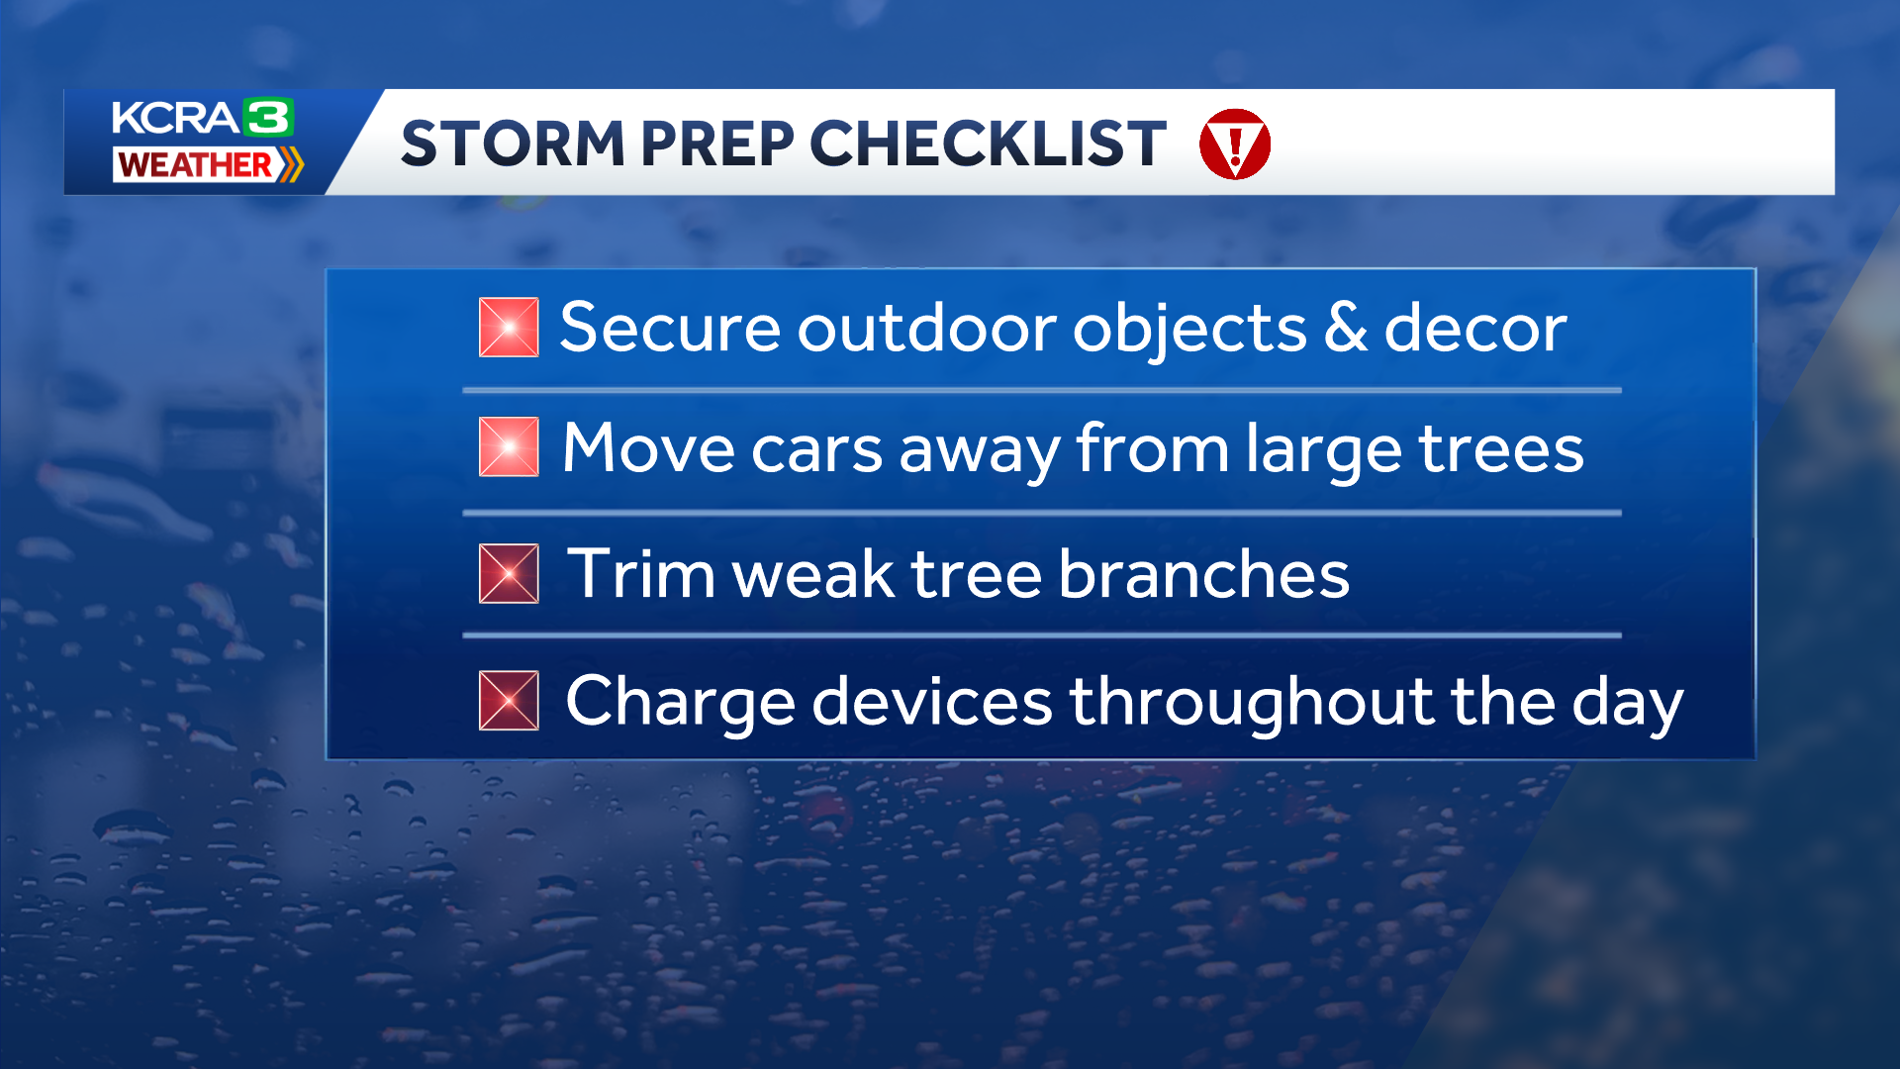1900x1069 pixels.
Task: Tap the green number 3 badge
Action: (268, 118)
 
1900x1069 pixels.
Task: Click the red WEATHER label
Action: (195, 164)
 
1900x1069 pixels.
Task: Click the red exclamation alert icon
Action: (1234, 145)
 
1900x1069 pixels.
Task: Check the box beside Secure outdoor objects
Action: (509, 328)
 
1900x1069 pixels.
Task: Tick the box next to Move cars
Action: (509, 447)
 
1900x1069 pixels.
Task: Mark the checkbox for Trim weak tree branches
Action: (509, 574)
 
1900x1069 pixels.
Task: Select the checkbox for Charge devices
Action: (509, 701)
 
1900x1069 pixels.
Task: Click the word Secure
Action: (670, 329)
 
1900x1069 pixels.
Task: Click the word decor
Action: (1474, 329)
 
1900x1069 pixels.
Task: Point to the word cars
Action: (816, 451)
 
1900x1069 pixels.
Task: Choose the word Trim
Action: (640, 574)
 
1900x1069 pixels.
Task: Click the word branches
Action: (1203, 574)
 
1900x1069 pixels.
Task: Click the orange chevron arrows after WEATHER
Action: (290, 164)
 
